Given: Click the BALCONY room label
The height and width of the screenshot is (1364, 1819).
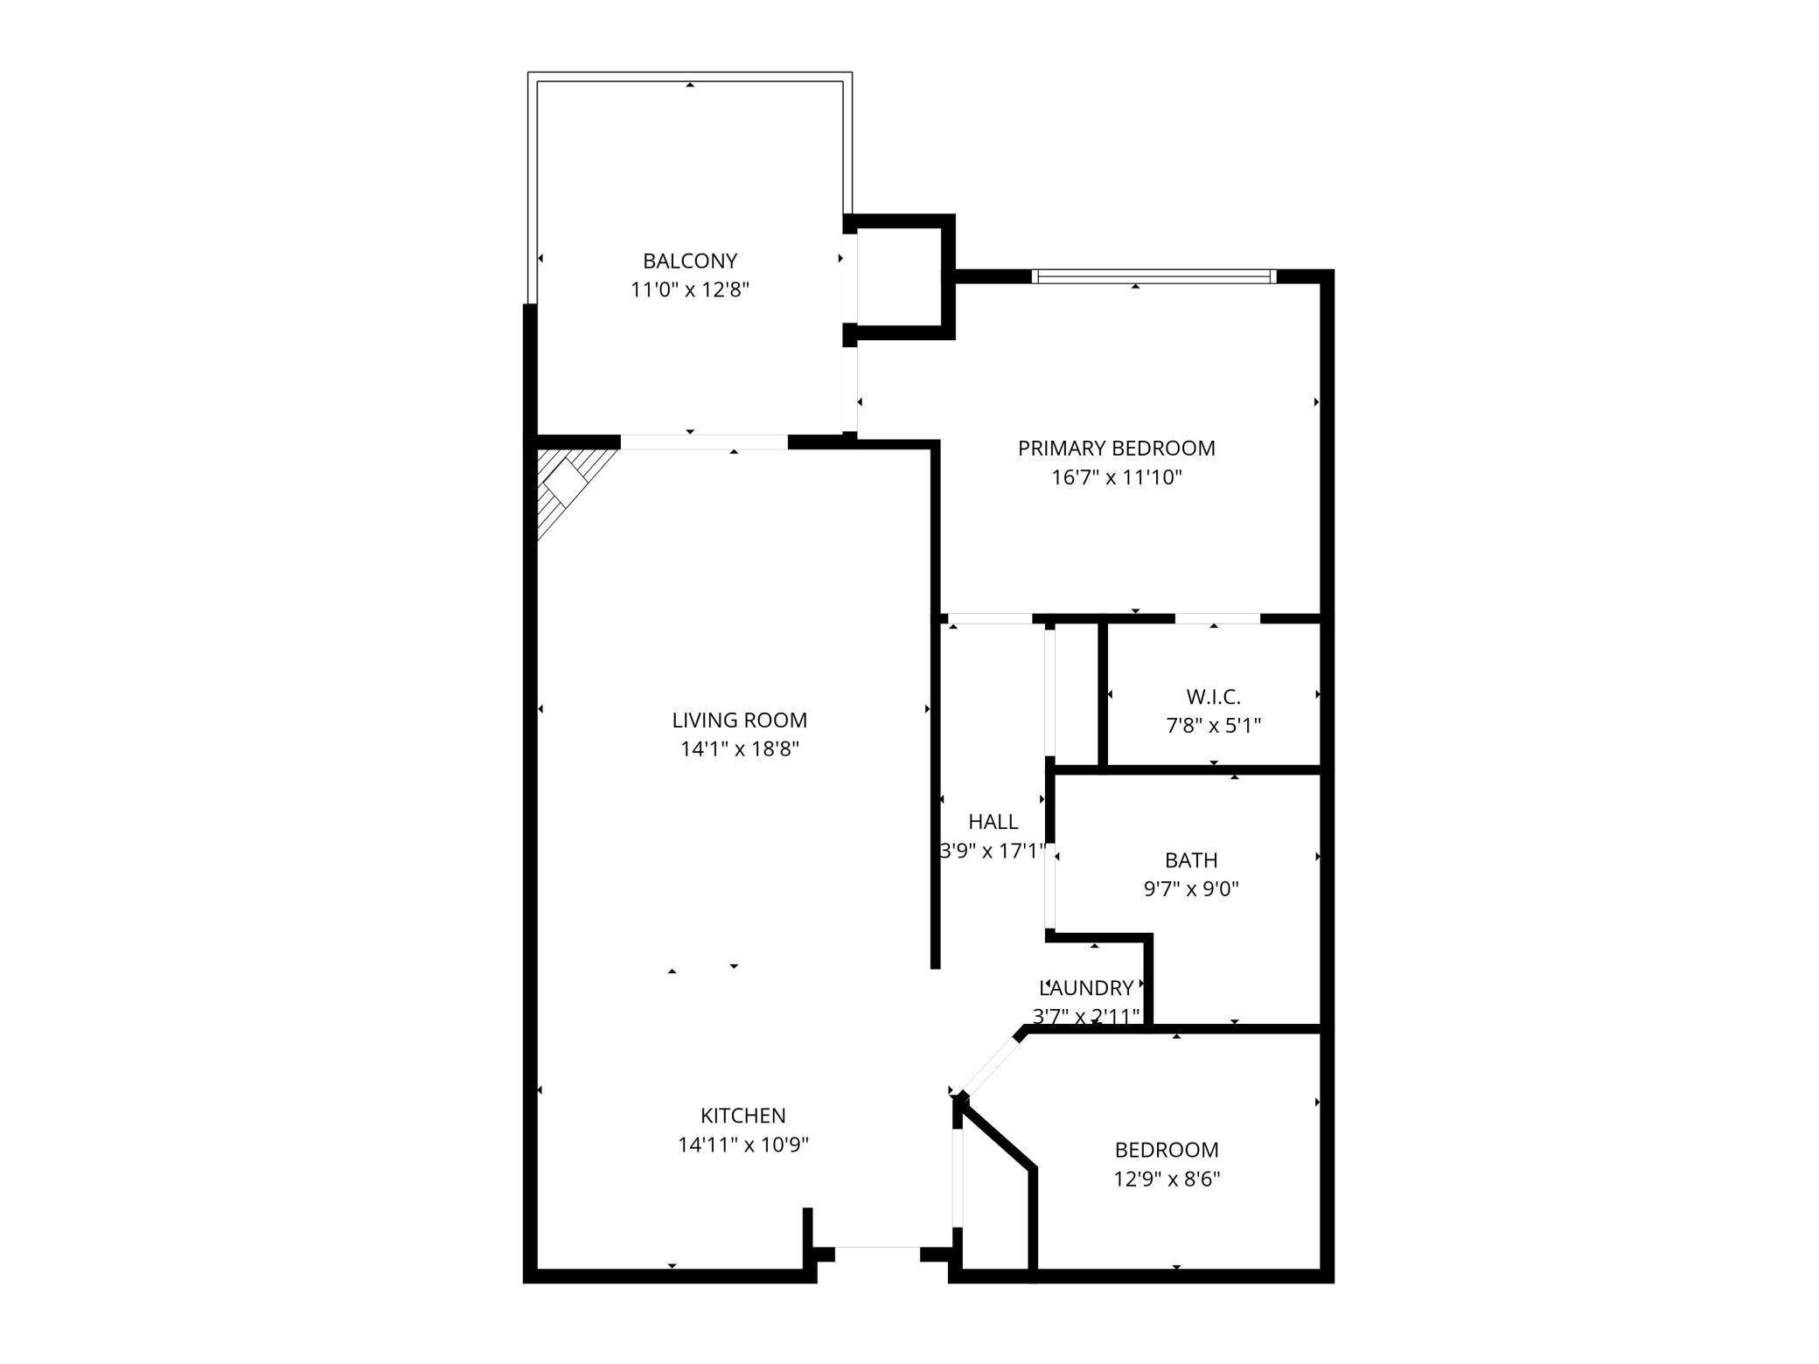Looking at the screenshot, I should click(x=690, y=261).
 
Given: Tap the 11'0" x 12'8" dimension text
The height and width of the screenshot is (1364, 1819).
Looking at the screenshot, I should click(x=690, y=289).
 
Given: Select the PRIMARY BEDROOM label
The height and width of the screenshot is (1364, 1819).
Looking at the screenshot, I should click(x=1116, y=449).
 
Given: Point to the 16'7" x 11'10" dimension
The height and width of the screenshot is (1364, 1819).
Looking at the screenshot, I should click(x=1116, y=477).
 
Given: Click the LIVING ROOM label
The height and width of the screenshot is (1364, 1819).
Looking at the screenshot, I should click(x=739, y=720).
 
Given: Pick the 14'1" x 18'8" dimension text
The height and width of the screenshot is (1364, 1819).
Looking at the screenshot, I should click(x=739, y=749).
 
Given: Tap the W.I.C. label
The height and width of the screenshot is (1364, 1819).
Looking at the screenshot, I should click(x=1213, y=697).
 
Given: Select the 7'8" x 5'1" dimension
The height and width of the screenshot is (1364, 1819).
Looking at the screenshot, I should click(x=1213, y=726).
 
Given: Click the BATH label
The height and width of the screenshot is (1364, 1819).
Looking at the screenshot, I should click(x=1190, y=860).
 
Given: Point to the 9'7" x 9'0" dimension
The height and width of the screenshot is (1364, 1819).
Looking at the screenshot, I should click(x=1190, y=889).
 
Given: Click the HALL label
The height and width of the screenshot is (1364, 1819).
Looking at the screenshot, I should click(x=993, y=822).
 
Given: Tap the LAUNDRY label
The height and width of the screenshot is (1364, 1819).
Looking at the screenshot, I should click(x=1086, y=988).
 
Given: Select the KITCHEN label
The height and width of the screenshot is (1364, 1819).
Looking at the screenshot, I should click(x=742, y=1116).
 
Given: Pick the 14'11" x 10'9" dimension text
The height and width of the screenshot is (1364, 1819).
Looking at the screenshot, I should click(x=742, y=1145).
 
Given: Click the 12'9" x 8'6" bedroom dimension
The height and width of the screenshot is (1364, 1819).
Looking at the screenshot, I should click(x=1166, y=1179).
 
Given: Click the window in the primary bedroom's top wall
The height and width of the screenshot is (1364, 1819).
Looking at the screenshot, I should click(x=1153, y=277).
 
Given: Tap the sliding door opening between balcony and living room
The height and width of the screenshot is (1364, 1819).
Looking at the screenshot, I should click(x=704, y=442).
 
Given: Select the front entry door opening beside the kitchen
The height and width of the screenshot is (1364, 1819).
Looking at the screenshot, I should click(x=877, y=1254).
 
